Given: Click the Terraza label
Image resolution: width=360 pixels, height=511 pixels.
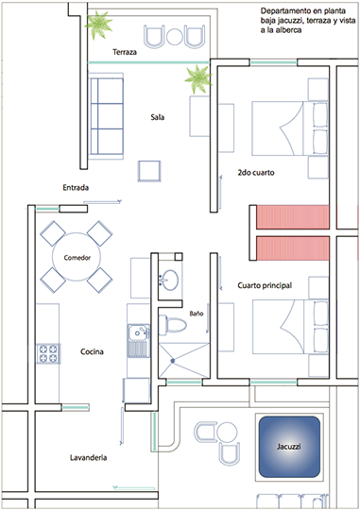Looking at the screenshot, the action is (125, 52).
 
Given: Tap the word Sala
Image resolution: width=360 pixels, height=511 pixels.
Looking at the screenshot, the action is (158, 117).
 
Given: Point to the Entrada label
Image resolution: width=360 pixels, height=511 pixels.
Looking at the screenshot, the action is (76, 187).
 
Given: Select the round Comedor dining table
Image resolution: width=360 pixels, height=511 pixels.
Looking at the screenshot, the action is (77, 257).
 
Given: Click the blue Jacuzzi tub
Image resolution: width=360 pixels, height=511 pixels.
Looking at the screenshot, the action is (289, 447).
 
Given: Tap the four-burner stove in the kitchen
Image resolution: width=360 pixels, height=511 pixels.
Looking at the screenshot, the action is (48, 354).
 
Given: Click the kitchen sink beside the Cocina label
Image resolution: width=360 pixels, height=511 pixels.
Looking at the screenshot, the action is (139, 341).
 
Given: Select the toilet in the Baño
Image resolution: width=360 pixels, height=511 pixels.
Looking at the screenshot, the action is (173, 325).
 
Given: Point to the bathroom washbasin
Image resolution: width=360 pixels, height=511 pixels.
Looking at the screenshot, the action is (169, 280).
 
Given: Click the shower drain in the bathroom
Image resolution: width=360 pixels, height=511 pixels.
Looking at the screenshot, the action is (173, 361).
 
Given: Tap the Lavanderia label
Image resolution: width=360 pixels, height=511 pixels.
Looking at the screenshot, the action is (89, 457).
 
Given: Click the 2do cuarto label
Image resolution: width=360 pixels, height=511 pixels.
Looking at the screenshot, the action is (256, 173).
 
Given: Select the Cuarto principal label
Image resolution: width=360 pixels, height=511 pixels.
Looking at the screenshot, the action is (265, 285).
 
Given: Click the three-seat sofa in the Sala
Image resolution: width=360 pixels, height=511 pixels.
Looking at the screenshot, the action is (106, 116).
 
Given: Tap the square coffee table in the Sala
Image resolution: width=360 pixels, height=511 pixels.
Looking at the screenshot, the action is (149, 171).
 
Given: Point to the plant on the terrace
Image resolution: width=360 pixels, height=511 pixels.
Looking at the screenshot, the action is (98, 25).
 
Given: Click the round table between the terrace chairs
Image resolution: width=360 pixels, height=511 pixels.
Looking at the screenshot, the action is (175, 36).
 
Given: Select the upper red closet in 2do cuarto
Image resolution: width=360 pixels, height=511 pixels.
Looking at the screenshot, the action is (293, 216).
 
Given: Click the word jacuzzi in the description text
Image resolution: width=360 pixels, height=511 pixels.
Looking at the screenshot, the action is (285, 21).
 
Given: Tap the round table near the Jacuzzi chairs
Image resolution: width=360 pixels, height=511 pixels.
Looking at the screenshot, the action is (227, 433).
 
